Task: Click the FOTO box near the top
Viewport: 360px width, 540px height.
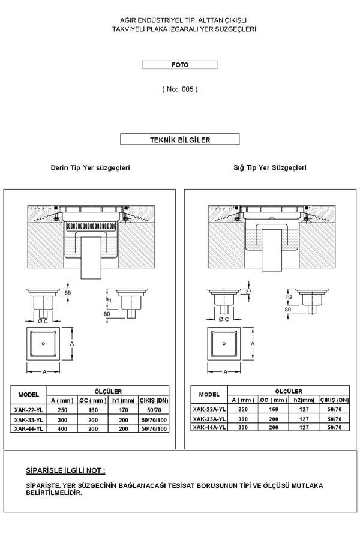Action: [180, 65]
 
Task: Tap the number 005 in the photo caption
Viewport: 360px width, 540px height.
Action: [187, 89]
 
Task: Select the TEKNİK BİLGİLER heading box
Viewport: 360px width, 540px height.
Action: [180, 139]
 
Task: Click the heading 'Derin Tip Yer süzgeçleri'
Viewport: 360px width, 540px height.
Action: [90, 168]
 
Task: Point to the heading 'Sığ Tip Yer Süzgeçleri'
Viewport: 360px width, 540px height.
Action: [270, 168]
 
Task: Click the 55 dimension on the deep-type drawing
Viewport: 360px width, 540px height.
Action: [68, 293]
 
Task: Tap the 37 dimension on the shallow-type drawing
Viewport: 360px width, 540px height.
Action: [248, 292]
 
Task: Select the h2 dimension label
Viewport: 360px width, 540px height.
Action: [289, 296]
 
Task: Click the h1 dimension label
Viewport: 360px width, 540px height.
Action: [109, 299]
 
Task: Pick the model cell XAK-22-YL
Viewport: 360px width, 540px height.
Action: [29, 410]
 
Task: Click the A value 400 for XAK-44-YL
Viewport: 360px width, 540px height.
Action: [62, 429]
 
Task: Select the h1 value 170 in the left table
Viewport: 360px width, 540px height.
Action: [124, 410]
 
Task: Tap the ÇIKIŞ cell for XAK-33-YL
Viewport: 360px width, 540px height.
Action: [154, 420]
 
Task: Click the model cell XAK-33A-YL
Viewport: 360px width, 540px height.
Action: [209, 419]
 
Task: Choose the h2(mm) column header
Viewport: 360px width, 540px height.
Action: [304, 400]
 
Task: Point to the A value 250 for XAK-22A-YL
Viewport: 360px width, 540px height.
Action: [243, 409]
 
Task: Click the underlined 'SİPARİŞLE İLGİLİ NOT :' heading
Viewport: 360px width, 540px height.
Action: [65, 470]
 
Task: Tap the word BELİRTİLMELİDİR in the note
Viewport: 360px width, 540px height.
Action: [54, 493]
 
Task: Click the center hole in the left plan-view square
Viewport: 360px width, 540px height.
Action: [43, 344]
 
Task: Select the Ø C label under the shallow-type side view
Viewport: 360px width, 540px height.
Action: [224, 319]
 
